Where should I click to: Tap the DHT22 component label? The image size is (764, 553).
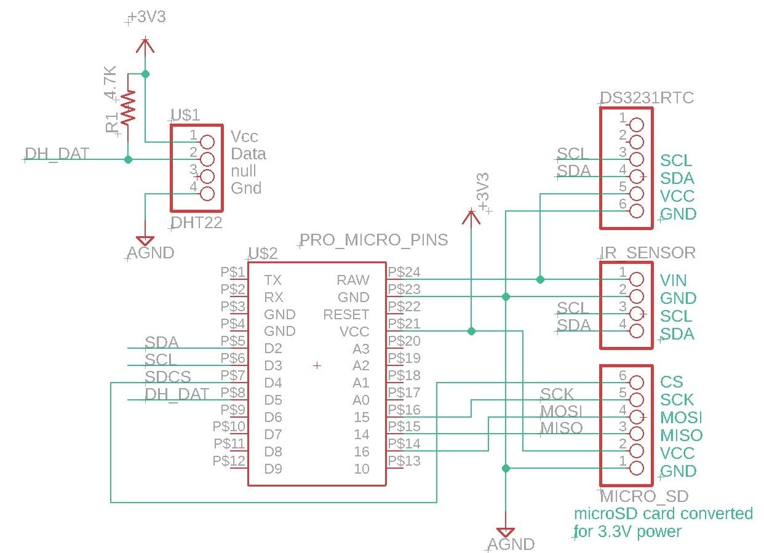point(196,223)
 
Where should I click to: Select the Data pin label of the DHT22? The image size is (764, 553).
point(248,154)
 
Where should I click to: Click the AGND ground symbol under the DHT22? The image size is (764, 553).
point(145,241)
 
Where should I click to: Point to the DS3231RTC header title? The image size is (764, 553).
point(647,98)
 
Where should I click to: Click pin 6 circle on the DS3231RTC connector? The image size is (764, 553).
point(636,211)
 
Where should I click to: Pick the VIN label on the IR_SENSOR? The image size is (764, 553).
point(673,280)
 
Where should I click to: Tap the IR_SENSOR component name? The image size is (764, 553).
point(648,252)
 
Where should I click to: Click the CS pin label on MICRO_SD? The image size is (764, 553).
point(671,382)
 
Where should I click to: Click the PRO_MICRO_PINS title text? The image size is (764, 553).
point(374,240)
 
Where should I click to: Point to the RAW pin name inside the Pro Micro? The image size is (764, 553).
point(353,280)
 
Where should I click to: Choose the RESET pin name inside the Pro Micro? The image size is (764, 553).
point(346,315)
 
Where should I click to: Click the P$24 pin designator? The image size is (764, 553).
point(404,272)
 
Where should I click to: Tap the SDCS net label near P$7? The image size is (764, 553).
point(167,376)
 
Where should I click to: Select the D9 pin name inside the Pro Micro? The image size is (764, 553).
point(273,469)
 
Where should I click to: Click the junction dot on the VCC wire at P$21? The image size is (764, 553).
point(471,331)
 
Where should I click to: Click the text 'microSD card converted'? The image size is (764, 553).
point(663,513)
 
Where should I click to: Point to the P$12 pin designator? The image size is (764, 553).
point(229,461)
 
